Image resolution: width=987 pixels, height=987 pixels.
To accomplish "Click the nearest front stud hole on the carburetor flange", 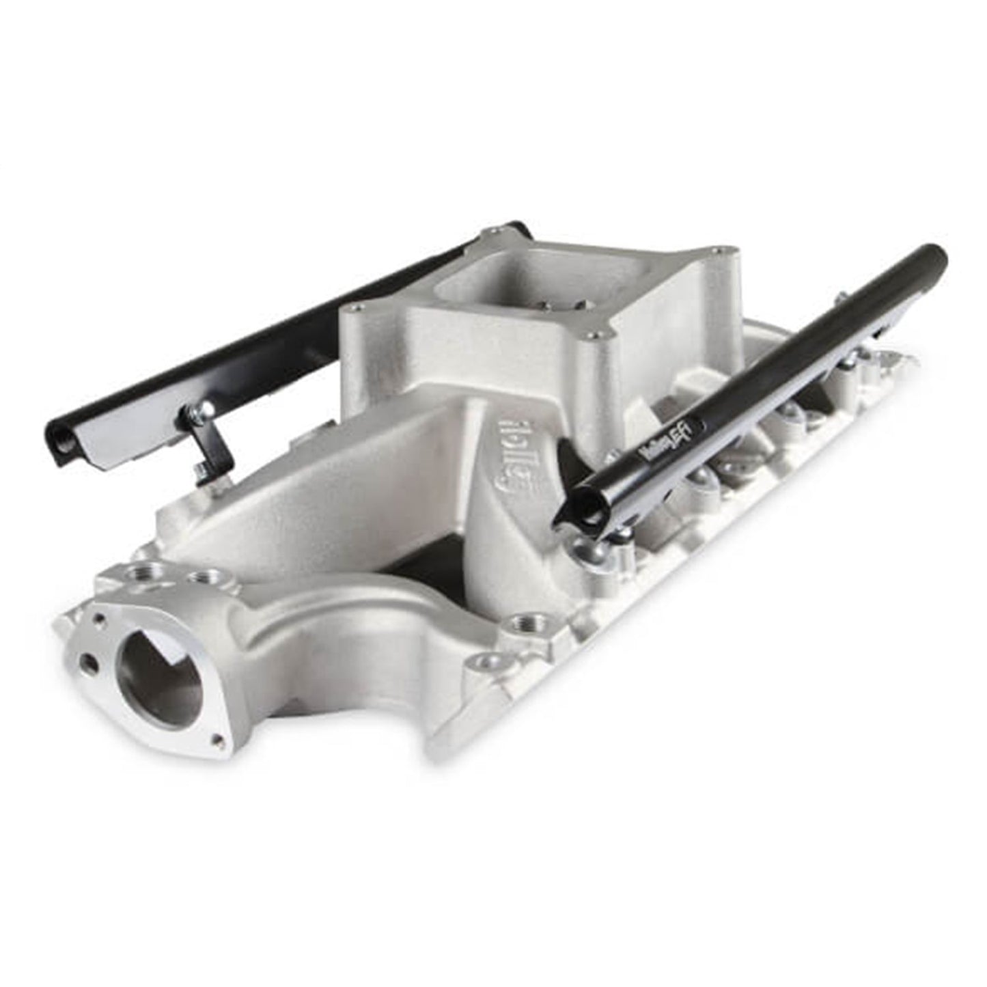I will point(596,337).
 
